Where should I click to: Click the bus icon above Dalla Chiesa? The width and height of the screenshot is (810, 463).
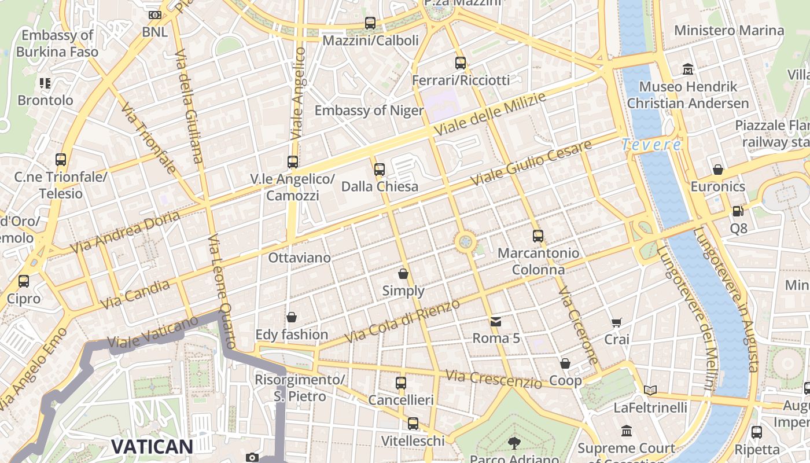[380, 170]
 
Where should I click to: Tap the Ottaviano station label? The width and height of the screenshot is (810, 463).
[299, 258]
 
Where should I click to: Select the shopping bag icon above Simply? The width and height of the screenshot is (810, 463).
[403, 274]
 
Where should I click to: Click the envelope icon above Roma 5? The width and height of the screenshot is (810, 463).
[496, 321]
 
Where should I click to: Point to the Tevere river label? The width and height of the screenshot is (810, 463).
[651, 145]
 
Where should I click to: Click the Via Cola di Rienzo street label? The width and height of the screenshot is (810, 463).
[402, 321]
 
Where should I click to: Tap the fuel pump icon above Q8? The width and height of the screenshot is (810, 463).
[738, 211]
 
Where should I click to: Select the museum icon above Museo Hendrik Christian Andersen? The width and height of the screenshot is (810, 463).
[688, 69]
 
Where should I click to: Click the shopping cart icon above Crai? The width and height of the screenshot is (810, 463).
[617, 322]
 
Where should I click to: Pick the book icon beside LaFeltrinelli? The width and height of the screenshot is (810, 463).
[650, 391]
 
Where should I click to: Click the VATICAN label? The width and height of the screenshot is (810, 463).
[152, 446]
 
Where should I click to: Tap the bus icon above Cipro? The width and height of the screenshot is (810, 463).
[24, 281]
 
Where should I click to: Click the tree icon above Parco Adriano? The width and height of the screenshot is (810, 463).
[514, 443]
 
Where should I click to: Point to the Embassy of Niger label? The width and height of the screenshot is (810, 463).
[369, 110]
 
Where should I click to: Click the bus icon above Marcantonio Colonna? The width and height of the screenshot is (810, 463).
[538, 236]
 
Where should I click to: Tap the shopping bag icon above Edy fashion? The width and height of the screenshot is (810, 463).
[292, 317]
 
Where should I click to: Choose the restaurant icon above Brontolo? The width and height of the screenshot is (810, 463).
[45, 83]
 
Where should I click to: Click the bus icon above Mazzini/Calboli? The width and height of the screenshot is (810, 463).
[370, 23]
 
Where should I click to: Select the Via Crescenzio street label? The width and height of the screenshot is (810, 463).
[494, 379]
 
